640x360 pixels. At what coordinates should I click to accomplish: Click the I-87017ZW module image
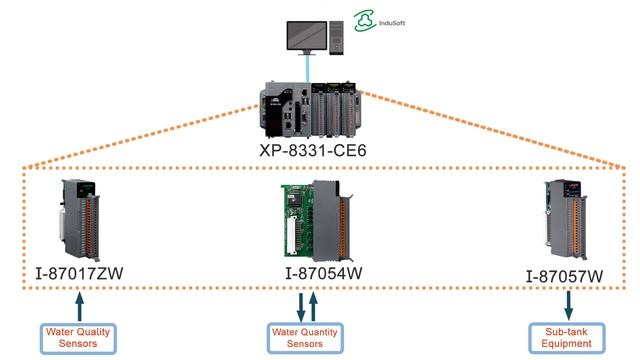(82, 217)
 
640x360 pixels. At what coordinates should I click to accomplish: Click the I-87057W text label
(566, 275)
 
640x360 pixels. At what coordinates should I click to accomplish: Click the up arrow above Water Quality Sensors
(81, 302)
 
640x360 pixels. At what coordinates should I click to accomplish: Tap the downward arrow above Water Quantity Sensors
(301, 303)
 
